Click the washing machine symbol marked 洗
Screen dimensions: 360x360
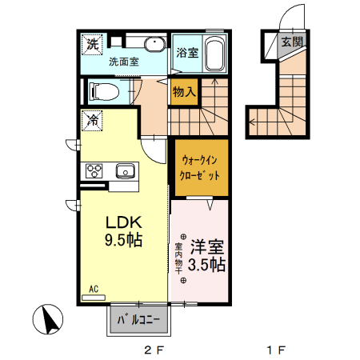[x=93, y=44]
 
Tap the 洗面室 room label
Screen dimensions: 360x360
[x=124, y=60]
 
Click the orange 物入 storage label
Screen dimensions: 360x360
[x=184, y=92]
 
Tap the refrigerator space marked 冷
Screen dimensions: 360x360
[x=93, y=120]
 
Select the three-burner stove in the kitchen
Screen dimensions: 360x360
[x=94, y=170]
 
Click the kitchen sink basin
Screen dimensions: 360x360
[x=126, y=170]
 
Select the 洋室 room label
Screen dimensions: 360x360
[x=206, y=247]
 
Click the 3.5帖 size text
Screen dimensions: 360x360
[x=206, y=264]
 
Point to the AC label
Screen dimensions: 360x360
[x=93, y=288]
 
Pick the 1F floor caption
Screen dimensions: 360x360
[x=275, y=350]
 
